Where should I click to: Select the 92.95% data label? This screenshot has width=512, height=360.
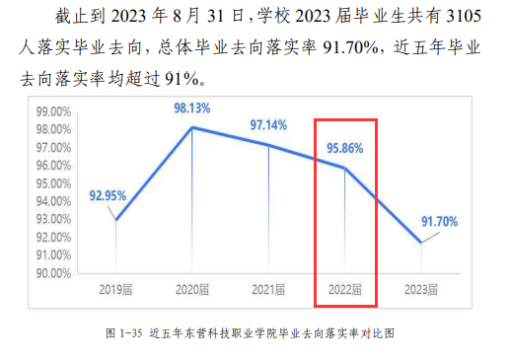click(x=108, y=195)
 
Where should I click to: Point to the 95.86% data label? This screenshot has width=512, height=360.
click(x=344, y=150)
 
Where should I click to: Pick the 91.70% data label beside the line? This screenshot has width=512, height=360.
click(x=438, y=223)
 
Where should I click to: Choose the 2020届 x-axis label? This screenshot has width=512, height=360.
click(x=191, y=291)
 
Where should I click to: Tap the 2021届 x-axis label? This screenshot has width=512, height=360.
click(x=268, y=291)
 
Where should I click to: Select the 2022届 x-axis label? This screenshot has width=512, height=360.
click(x=345, y=291)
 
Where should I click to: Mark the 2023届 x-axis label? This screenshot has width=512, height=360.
click(x=421, y=291)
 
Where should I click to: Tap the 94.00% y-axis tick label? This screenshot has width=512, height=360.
click(x=51, y=201)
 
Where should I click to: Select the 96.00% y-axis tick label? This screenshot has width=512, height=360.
click(x=51, y=166)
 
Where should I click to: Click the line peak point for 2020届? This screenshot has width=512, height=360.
click(x=191, y=127)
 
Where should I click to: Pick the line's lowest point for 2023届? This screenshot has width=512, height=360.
click(x=421, y=243)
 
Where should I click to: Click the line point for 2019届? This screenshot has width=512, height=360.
click(x=115, y=220)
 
